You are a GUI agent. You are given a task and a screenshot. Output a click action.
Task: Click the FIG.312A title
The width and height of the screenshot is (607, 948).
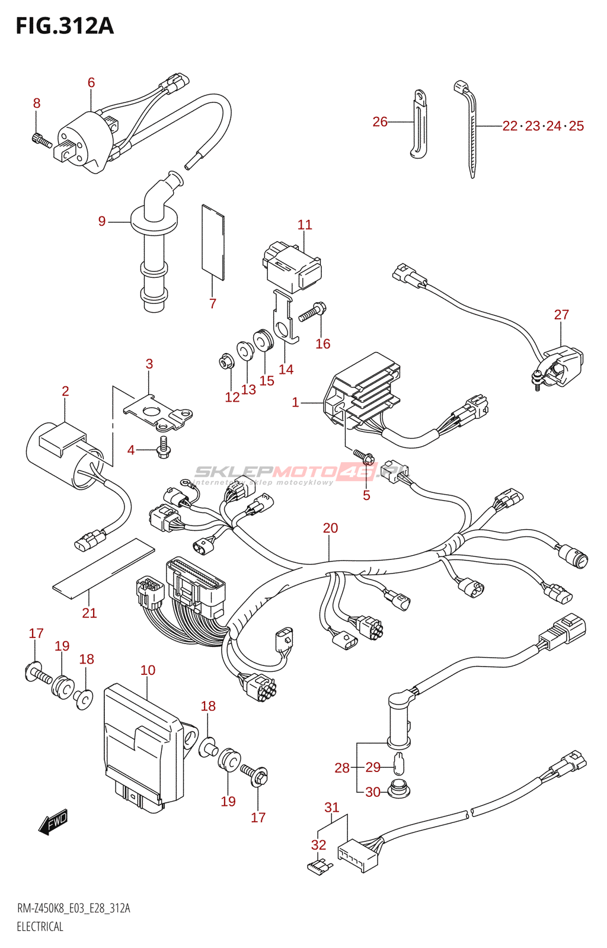65,26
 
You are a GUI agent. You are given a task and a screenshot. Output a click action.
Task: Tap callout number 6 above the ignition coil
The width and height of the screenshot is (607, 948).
91,82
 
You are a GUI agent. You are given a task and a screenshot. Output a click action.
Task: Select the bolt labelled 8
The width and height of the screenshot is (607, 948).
41,140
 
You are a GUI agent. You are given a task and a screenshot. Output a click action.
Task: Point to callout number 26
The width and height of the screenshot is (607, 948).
379,121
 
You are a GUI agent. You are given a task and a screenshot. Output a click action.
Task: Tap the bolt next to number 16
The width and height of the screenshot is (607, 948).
312,312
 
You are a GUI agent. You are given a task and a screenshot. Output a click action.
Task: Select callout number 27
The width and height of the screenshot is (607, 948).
561,315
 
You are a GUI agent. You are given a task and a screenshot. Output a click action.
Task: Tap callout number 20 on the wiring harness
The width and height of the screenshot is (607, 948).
330,528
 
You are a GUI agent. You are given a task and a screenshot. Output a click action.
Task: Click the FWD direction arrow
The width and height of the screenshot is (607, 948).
53,822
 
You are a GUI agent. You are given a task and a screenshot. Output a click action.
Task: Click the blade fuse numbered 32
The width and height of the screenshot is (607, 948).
320,867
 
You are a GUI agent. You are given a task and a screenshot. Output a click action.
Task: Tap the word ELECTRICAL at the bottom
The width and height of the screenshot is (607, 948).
40,927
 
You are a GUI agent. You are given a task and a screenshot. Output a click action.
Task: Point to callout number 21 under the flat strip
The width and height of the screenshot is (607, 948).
89,613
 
